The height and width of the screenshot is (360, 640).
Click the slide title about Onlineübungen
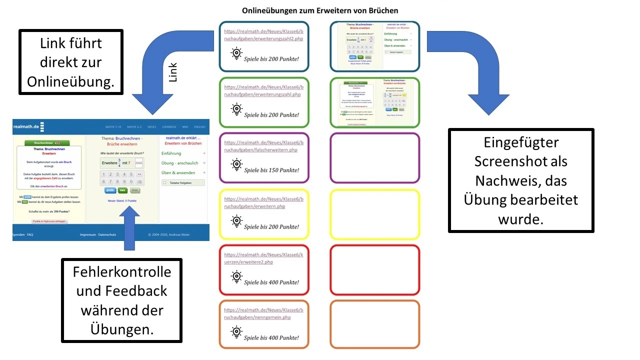(x=320, y=10)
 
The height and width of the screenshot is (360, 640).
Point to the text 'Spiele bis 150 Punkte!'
(x=271, y=170)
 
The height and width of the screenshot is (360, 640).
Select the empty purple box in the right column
(x=374, y=157)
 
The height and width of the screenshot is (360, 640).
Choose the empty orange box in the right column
(x=374, y=324)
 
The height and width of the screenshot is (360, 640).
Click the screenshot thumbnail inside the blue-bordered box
(x=374, y=46)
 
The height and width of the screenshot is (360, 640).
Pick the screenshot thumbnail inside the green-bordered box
(x=374, y=102)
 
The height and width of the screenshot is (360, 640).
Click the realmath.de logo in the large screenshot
(x=26, y=127)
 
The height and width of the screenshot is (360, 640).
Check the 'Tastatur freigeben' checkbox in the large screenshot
(x=164, y=182)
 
